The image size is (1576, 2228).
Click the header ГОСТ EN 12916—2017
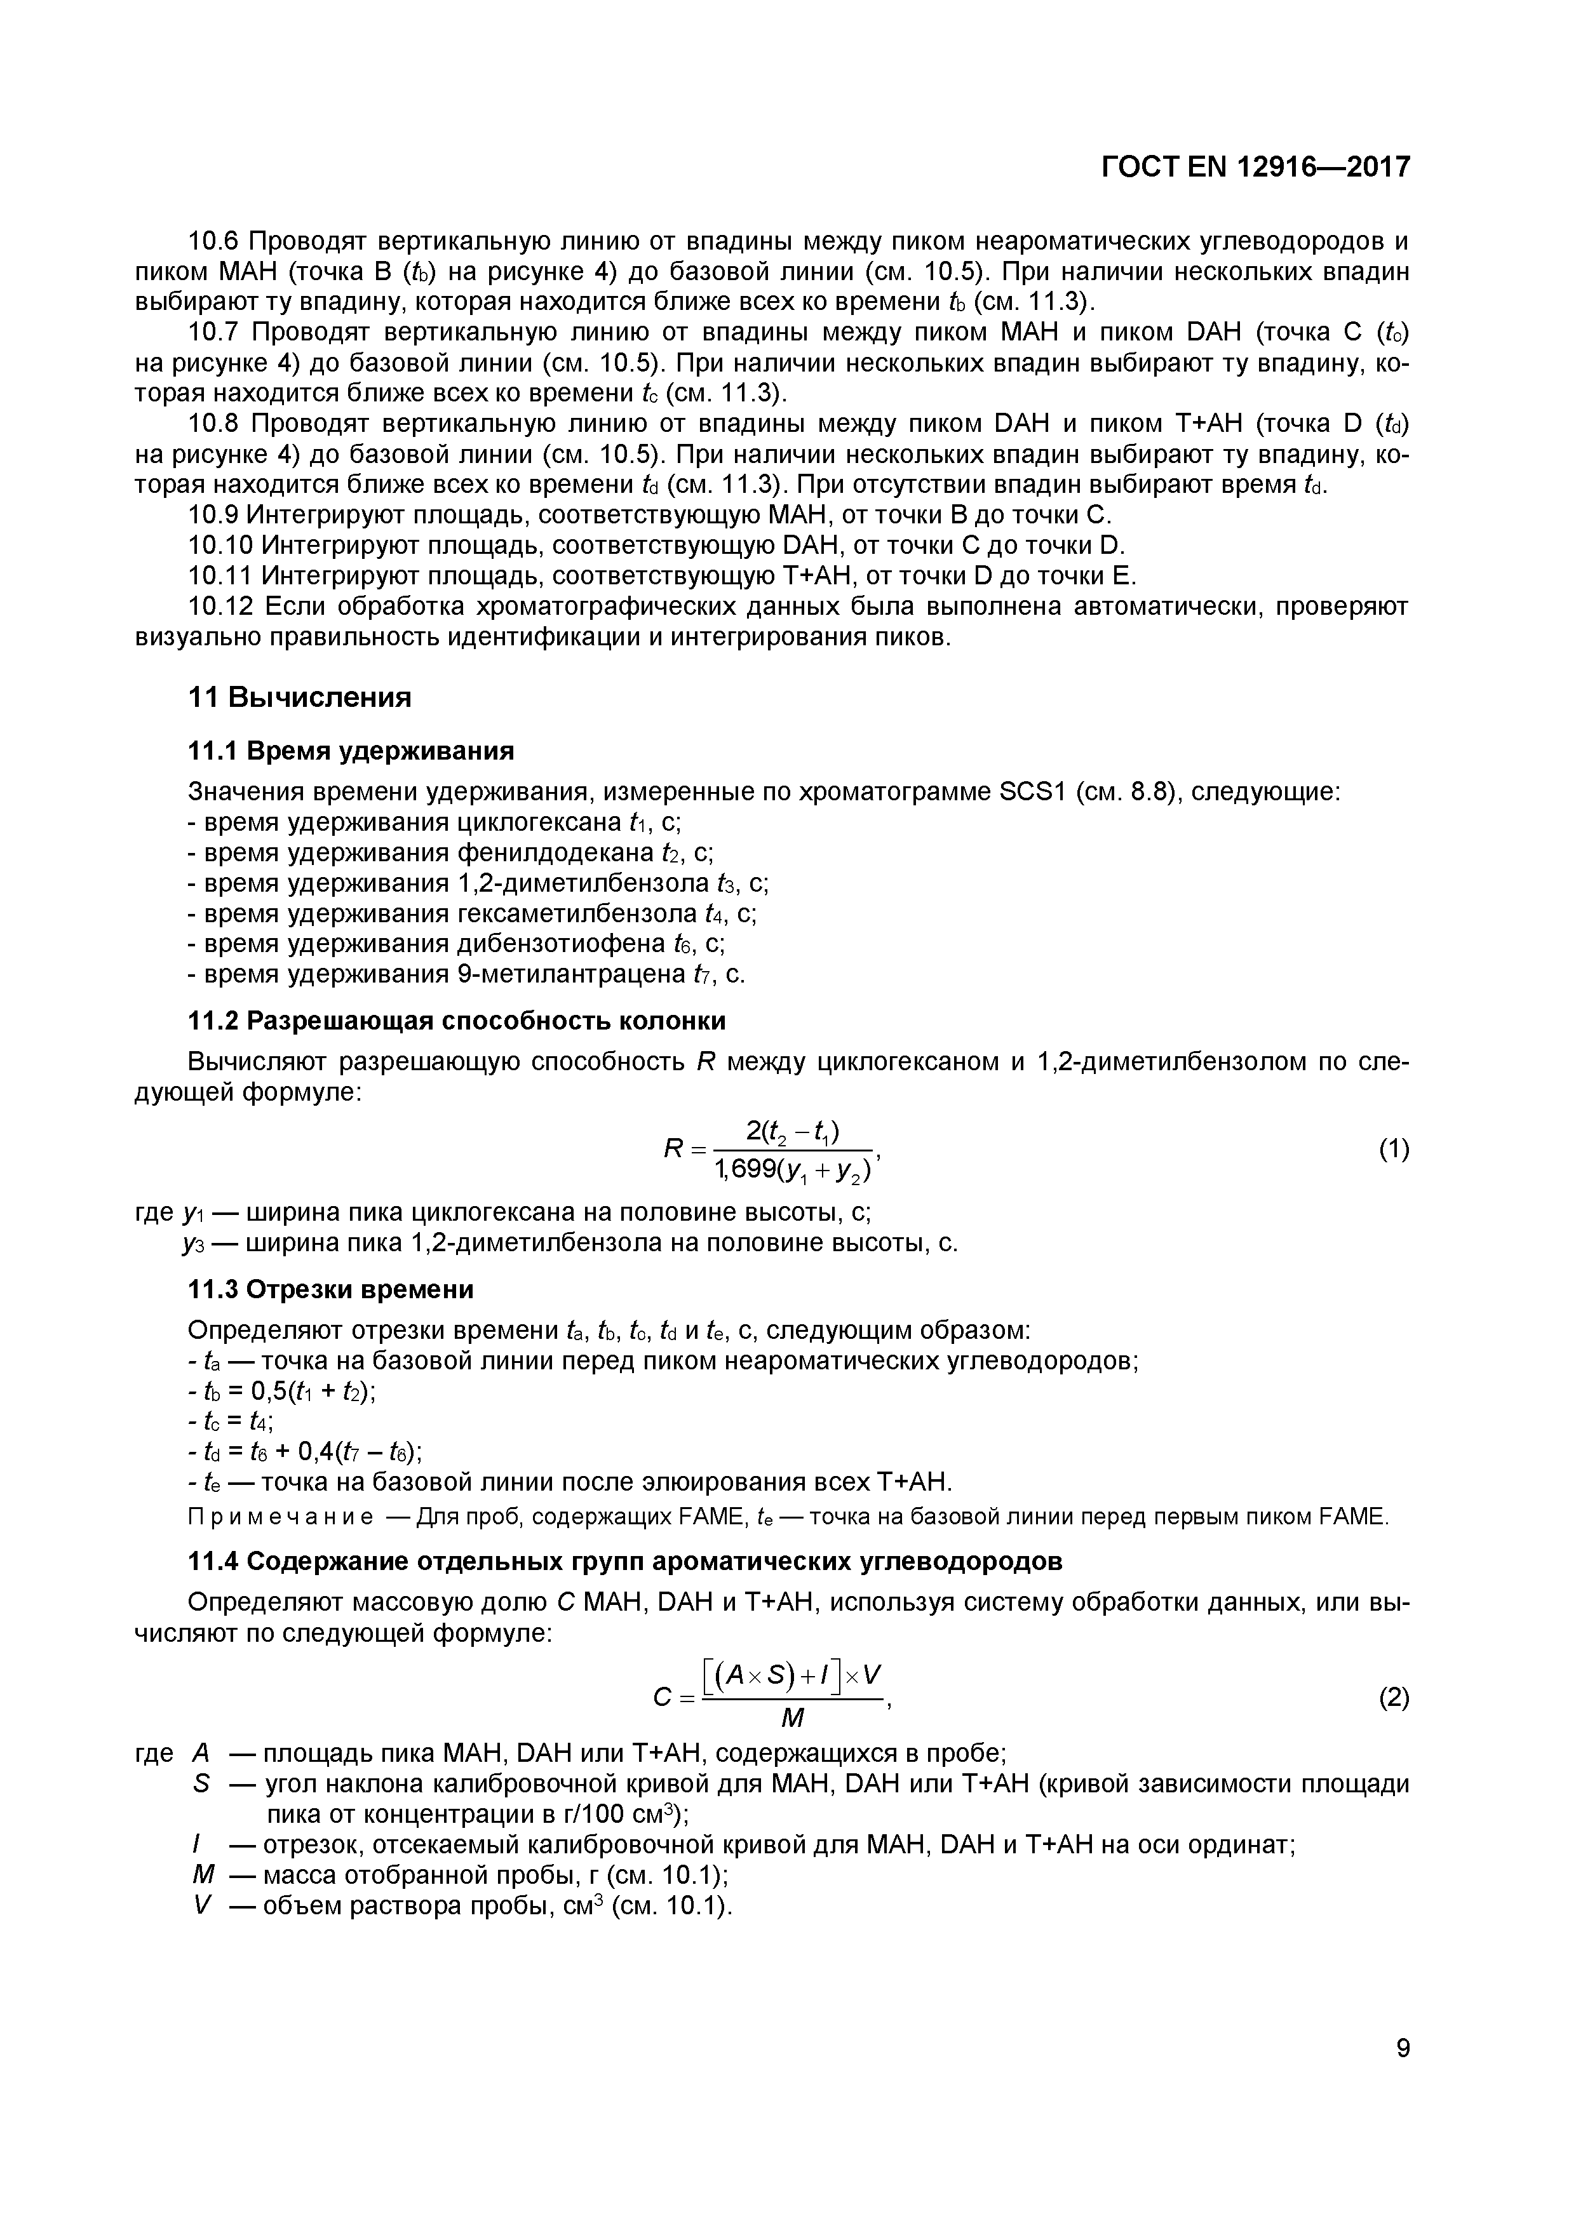[1255, 168]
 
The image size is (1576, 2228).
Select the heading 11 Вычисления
[299, 697]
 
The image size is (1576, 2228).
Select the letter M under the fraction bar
[792, 1719]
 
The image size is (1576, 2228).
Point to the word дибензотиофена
[562, 944]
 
